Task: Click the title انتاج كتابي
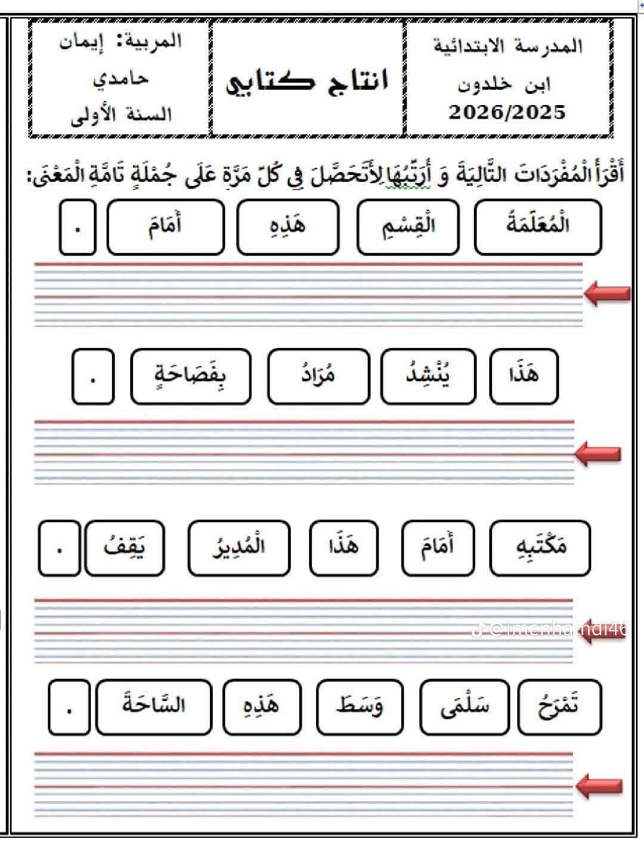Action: click(307, 80)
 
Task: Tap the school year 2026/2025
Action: click(507, 112)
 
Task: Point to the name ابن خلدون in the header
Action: click(504, 84)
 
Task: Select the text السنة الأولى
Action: click(121, 114)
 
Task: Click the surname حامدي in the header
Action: click(120, 79)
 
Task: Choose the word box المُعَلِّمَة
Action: click(538, 227)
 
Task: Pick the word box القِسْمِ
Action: click(408, 227)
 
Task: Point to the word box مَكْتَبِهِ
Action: click(540, 548)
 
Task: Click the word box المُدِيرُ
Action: click(239, 548)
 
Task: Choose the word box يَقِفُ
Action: click(125, 548)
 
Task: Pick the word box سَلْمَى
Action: click(465, 707)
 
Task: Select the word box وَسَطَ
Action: click(360, 707)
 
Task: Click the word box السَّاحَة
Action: click(154, 707)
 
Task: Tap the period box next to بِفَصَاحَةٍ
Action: click(92, 377)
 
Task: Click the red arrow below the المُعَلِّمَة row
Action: click(607, 293)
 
